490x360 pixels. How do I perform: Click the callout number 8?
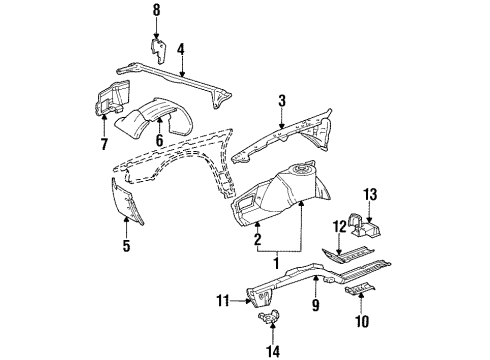155,11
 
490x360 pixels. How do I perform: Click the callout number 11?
223,298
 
